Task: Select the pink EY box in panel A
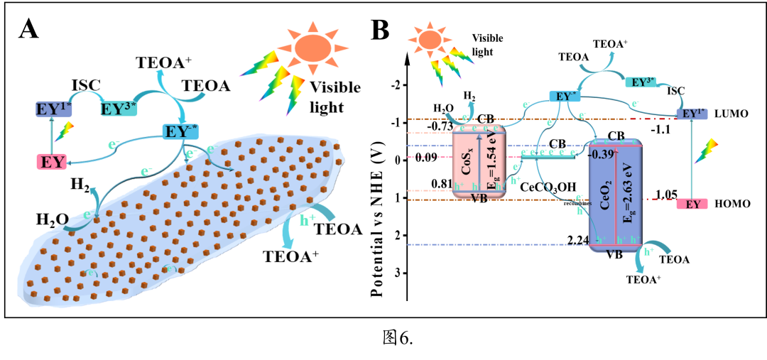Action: click(52, 163)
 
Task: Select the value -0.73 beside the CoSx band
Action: click(440, 126)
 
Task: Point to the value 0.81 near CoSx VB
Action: click(442, 184)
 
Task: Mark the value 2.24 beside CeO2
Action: click(580, 241)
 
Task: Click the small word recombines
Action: click(578, 204)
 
